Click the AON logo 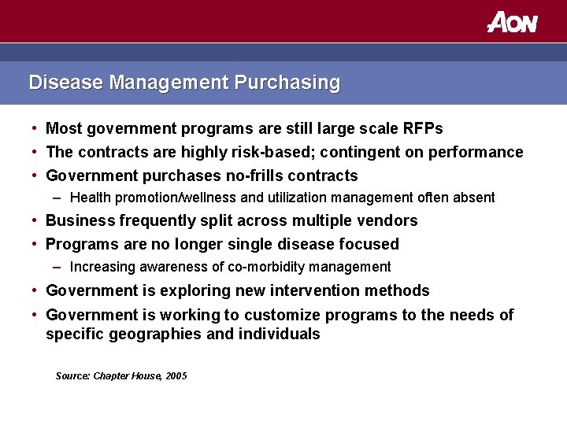click(512, 22)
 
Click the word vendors click(388, 220)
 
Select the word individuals click(280, 334)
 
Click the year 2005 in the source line click(176, 376)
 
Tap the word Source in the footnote click(72, 376)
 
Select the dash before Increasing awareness click(60, 267)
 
